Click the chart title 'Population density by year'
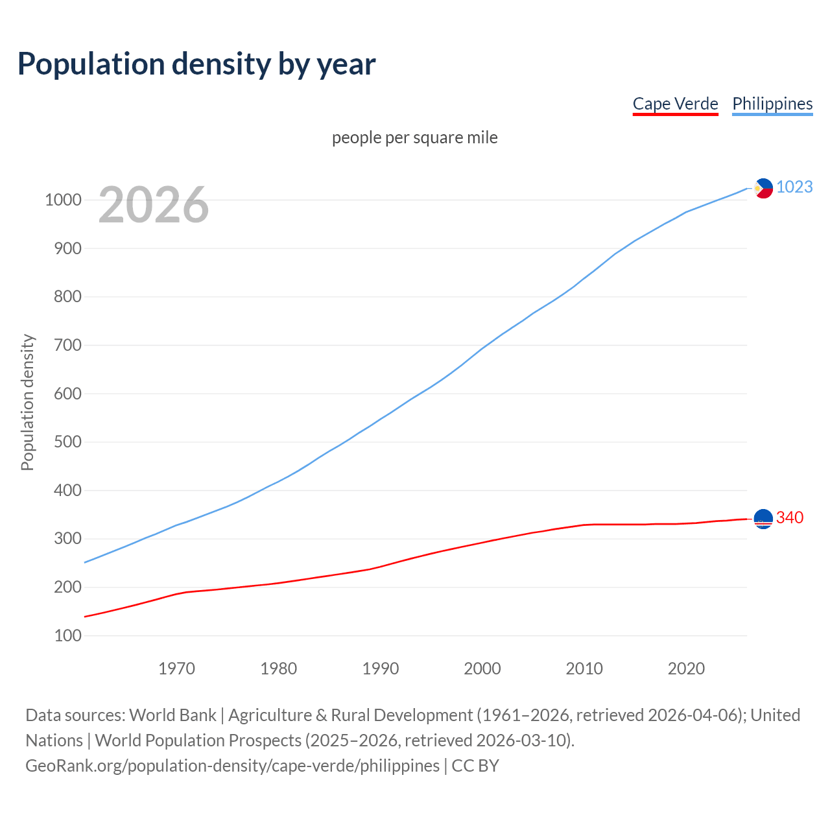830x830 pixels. click(196, 64)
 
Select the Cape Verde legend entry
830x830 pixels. click(675, 104)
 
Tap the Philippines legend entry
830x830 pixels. click(772, 104)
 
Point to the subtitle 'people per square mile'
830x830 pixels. click(414, 137)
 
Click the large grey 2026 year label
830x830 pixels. click(154, 205)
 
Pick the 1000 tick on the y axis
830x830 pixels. click(63, 200)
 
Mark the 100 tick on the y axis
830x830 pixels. click(68, 635)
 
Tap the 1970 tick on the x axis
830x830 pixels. click(176, 669)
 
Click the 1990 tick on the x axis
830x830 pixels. click(381, 669)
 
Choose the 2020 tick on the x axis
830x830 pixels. click(686, 669)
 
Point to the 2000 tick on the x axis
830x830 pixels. click(482, 669)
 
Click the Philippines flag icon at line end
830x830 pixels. click(763, 188)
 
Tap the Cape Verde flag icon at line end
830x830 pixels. click(763, 519)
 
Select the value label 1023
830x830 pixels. click(794, 187)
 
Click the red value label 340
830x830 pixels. click(790, 517)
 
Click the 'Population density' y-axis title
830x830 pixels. click(27, 402)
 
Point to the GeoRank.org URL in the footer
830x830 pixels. click(232, 766)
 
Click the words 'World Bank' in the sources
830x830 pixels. click(172, 715)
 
